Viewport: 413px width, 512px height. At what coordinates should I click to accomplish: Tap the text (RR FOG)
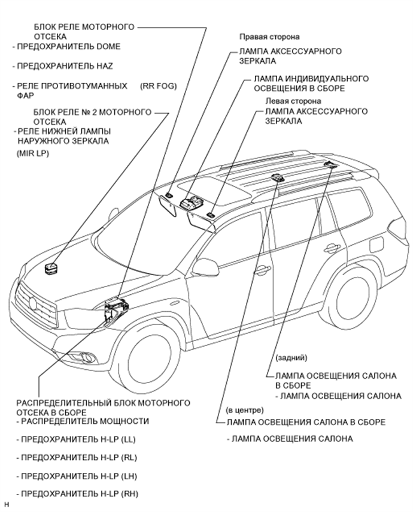pyautogui.click(x=159, y=86)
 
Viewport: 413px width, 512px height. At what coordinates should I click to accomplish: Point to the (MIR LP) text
pyautogui.click(x=32, y=153)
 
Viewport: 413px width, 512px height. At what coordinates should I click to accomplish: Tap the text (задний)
pyautogui.click(x=291, y=358)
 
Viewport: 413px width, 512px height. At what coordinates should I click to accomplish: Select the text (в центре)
pyautogui.click(x=245, y=411)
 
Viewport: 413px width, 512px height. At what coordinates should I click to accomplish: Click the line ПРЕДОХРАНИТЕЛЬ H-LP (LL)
pyautogui.click(x=78, y=439)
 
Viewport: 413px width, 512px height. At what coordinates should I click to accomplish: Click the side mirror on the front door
pyautogui.click(x=205, y=268)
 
